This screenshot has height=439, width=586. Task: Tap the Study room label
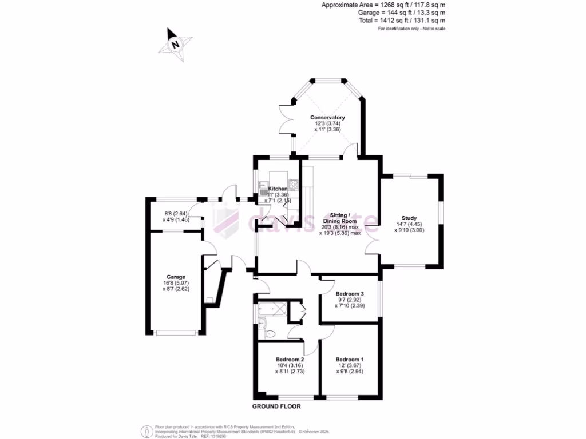click(x=409, y=218)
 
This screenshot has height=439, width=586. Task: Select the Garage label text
click(x=176, y=277)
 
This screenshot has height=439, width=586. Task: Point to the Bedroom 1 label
click(x=350, y=359)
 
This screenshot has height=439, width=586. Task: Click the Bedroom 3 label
click(x=350, y=294)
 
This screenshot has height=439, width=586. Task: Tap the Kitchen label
click(x=278, y=189)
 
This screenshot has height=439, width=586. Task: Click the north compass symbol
click(x=176, y=43)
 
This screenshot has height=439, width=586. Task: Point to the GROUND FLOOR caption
click(x=276, y=406)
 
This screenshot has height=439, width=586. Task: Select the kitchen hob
click(x=294, y=185)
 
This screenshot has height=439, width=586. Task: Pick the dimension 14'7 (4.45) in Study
click(x=409, y=224)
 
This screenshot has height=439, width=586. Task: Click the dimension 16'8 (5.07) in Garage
click(x=176, y=283)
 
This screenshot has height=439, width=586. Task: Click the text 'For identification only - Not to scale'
click(x=412, y=29)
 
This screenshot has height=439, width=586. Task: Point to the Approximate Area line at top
click(x=383, y=5)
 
